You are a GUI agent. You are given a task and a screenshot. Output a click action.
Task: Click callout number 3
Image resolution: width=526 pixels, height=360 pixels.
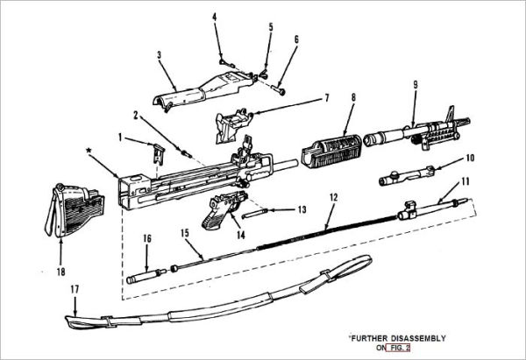[x=159, y=54]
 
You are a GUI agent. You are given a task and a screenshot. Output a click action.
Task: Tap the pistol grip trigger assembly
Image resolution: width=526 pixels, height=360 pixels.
[x=219, y=209]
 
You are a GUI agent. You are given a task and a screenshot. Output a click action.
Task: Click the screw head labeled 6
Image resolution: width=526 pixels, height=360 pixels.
[x=281, y=88]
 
